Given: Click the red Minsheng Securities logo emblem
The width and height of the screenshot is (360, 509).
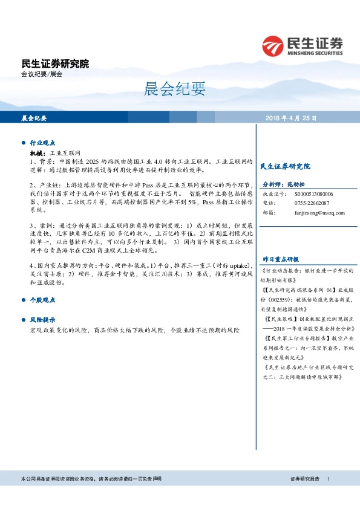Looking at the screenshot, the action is pos(274,46).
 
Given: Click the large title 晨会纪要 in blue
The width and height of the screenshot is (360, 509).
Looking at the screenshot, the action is pos(175,89).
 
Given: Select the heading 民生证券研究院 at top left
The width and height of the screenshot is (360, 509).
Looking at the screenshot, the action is pos(55,63).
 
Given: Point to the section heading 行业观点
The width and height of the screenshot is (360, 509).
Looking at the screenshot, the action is pos(42,143).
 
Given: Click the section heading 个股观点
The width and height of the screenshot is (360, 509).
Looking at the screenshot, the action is pos(42,300).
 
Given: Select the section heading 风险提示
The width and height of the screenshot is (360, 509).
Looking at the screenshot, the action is pos(42,319).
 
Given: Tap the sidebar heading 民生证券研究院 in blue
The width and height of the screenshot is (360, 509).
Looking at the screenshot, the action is pos(284,166).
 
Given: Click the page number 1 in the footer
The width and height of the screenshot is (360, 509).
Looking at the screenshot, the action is pos(328,479).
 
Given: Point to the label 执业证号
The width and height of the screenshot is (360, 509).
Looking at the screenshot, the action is pos(273,193).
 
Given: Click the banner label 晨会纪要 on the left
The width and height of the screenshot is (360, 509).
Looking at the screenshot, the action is pos(34,118).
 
